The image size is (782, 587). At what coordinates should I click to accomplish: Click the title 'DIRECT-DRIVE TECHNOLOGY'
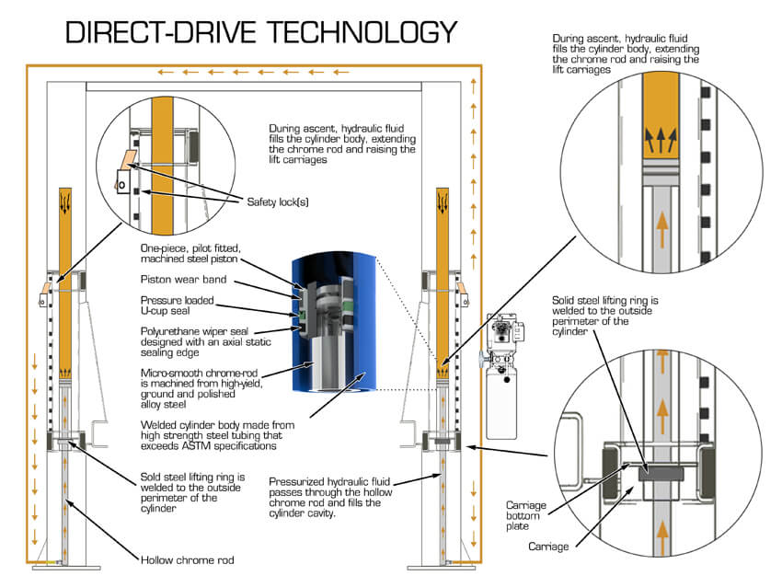pyautogui.click(x=260, y=32)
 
